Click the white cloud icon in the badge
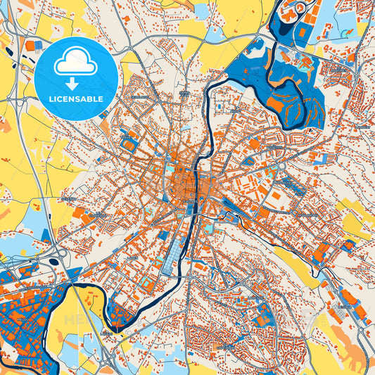point(76,63)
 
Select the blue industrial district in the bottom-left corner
point(25,324)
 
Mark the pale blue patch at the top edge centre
point(202,11)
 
